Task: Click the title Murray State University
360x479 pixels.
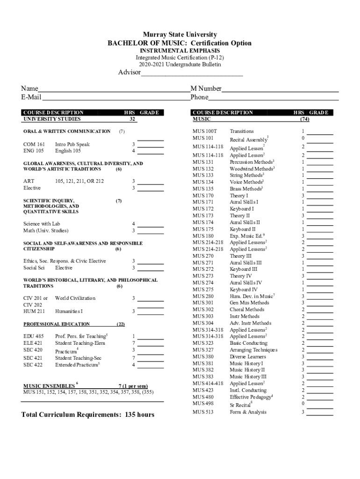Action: pyautogui.click(x=180, y=35)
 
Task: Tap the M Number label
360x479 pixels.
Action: pyautogui.click(x=206, y=89)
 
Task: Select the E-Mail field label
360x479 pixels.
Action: pyautogui.click(x=31, y=97)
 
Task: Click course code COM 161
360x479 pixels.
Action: pyautogui.click(x=34, y=145)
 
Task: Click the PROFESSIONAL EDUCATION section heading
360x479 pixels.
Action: pyautogui.click(x=57, y=324)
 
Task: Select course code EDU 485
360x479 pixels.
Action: pyautogui.click(x=34, y=336)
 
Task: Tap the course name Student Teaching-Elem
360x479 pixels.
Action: pyautogui.click(x=80, y=343)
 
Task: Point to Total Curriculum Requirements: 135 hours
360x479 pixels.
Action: pyautogui.click(x=88, y=415)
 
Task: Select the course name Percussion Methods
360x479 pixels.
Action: pyautogui.click(x=252, y=162)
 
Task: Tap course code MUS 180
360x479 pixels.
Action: pyautogui.click(x=203, y=236)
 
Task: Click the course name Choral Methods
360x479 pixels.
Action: pyautogui.click(x=247, y=310)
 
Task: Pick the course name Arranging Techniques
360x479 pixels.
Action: pyautogui.click(x=253, y=350)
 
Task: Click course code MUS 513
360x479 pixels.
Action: pyautogui.click(x=203, y=412)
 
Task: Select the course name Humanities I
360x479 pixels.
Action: pyautogui.click(x=69, y=311)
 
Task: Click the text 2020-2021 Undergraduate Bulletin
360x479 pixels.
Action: pyautogui.click(x=180, y=64)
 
